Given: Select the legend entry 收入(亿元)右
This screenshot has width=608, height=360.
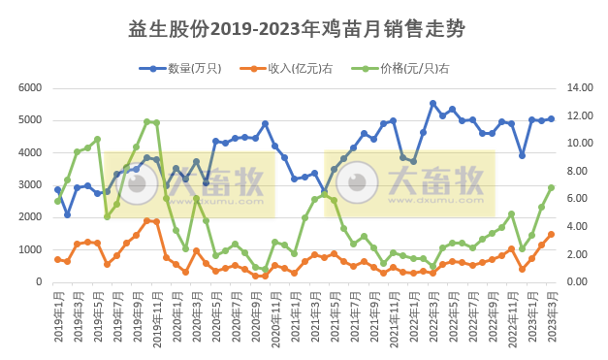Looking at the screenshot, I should click(x=291, y=68).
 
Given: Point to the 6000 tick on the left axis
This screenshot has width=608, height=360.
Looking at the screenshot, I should click(x=31, y=87).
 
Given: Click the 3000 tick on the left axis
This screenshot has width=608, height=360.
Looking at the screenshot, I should click(x=31, y=185).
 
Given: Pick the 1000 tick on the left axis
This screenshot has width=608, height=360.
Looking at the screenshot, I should click(x=31, y=249).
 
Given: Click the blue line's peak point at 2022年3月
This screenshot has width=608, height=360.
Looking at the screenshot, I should click(x=432, y=103).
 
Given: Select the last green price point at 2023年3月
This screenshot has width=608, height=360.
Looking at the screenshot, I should click(x=551, y=187).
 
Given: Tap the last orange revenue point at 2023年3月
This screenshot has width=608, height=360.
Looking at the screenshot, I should click(x=551, y=234).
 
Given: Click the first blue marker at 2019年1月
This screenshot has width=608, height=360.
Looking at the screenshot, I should click(x=57, y=190).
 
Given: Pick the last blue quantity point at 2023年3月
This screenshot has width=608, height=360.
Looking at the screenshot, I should click(x=551, y=119).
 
